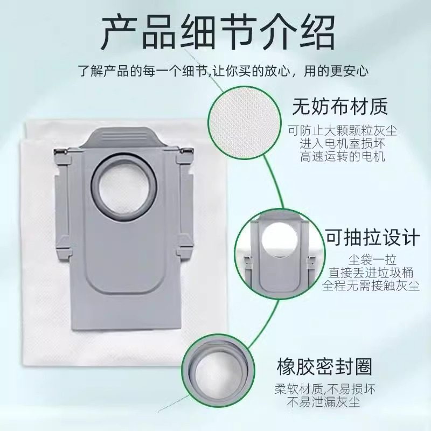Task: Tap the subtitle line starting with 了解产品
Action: tap(215, 71)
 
